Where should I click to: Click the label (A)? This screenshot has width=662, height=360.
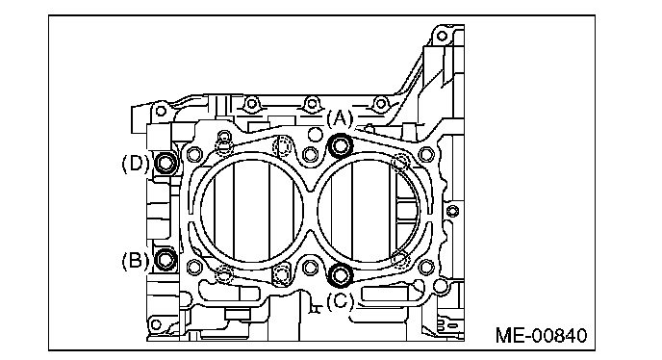[x=340, y=118]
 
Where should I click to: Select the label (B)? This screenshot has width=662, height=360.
[x=135, y=260]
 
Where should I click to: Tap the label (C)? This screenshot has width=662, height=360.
[x=340, y=301]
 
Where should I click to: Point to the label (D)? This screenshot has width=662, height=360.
[x=135, y=163]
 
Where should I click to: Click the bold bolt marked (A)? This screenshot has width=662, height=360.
[x=341, y=146]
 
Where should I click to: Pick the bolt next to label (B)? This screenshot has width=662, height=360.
[x=165, y=260]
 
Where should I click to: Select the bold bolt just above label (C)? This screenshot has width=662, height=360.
[x=341, y=275]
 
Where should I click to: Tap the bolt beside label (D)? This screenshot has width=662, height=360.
[x=165, y=163]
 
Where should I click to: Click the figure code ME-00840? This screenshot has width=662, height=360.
[x=542, y=336]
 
